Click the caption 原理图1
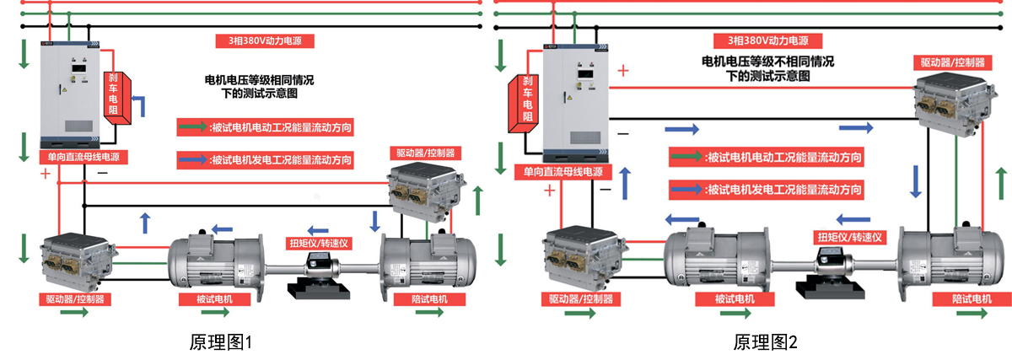[x=221, y=342]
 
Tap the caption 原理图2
[x=765, y=342]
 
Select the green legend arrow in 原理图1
[x=191, y=128]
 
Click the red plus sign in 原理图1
[x=45, y=174]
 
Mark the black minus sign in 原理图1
[x=102, y=173]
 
